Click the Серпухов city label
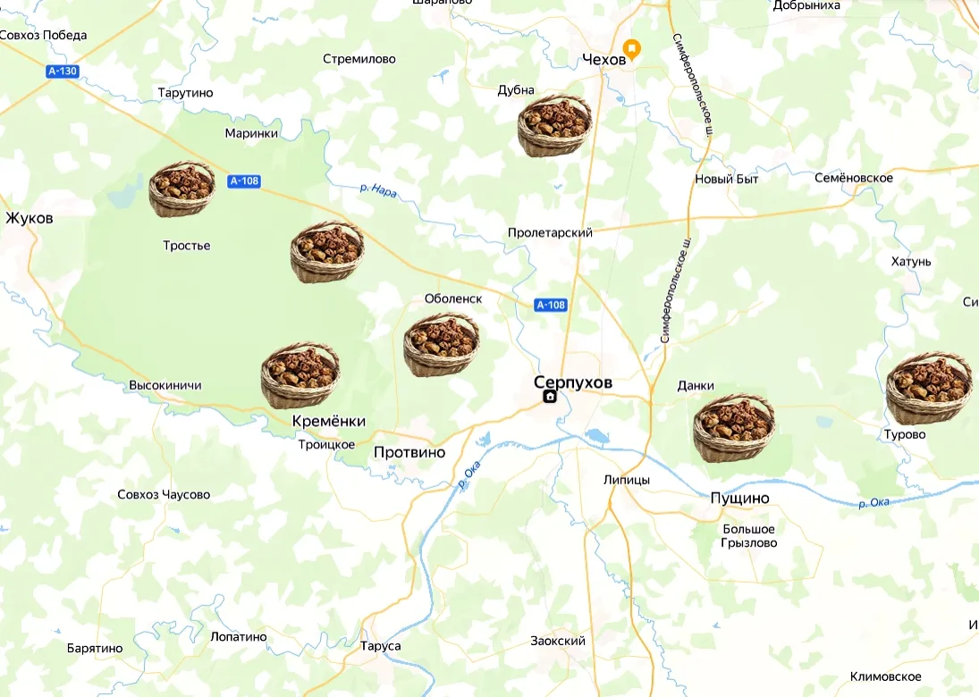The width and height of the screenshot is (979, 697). [x=573, y=382]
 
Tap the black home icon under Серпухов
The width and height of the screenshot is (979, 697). [x=550, y=398]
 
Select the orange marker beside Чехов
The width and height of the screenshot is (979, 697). [x=631, y=49]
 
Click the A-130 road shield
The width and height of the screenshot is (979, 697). [x=63, y=71]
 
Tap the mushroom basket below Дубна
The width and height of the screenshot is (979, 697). [x=554, y=126]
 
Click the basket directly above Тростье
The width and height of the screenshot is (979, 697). [x=181, y=189]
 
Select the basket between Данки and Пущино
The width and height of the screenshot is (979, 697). [x=733, y=428]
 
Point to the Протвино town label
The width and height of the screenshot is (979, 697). [x=409, y=452]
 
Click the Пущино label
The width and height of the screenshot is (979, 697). [x=739, y=498]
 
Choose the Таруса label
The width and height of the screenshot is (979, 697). [x=380, y=646]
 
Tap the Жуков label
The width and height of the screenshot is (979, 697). [x=29, y=218]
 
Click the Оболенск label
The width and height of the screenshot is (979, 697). [x=453, y=298]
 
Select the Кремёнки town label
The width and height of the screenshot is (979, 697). [x=328, y=421]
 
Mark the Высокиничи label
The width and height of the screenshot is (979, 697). [x=165, y=385]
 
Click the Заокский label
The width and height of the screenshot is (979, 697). [x=557, y=641]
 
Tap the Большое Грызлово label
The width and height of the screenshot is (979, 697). [x=749, y=536]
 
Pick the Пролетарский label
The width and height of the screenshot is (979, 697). [x=550, y=232]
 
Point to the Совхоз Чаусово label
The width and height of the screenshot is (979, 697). [x=164, y=494]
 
